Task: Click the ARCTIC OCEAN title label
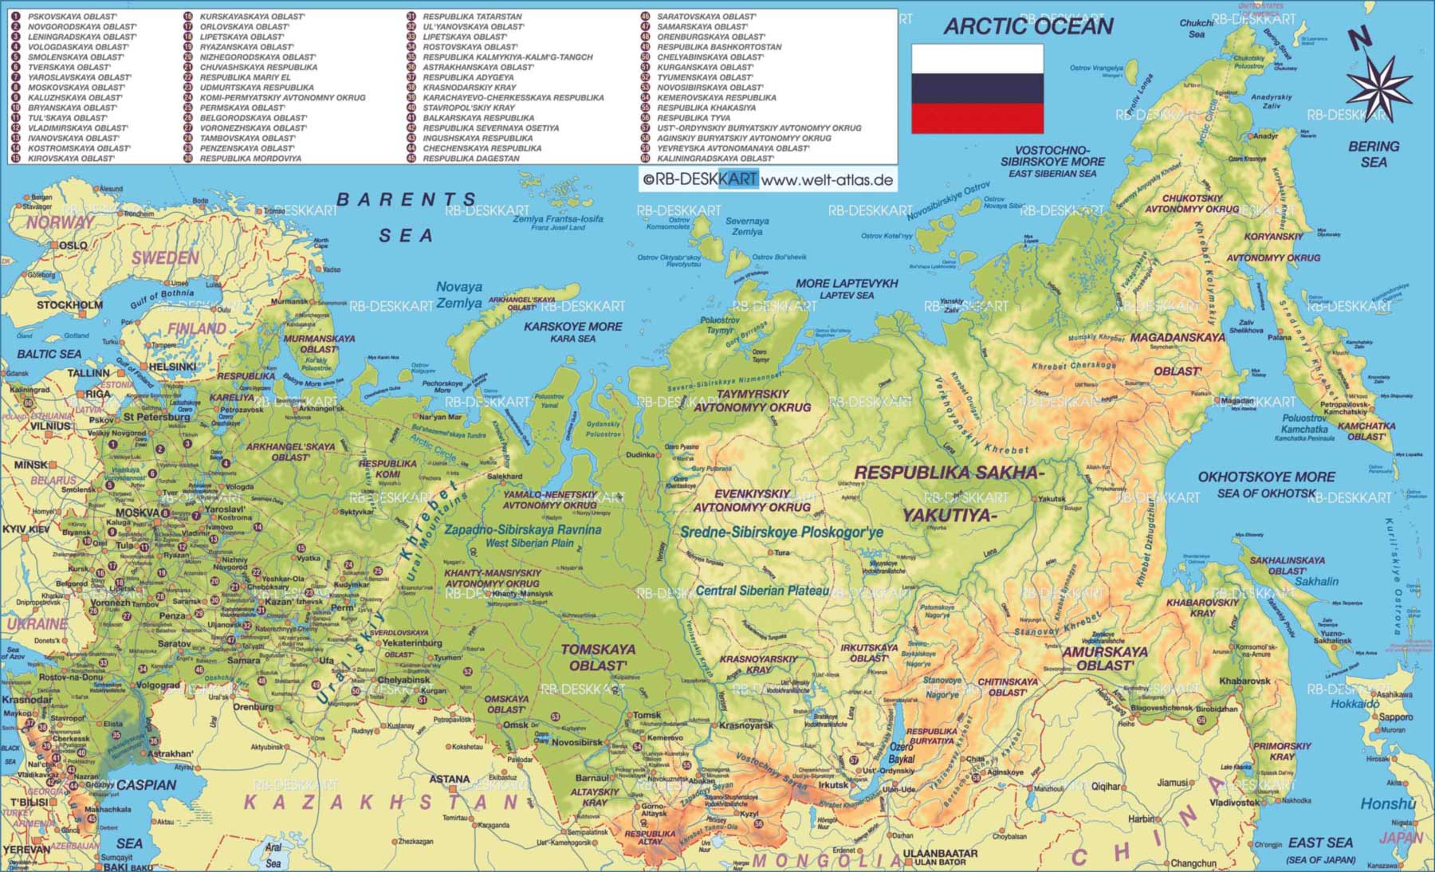click(x=1028, y=26)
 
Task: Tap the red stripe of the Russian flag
click(x=977, y=119)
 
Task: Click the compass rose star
click(x=1379, y=84)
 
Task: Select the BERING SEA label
click(x=1374, y=154)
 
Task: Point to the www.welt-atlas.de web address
click(x=827, y=180)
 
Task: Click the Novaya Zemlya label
click(x=459, y=295)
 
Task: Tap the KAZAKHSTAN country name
click(x=383, y=802)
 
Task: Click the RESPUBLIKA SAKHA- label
click(x=949, y=473)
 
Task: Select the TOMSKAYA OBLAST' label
click(x=598, y=657)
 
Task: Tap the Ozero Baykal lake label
click(x=901, y=753)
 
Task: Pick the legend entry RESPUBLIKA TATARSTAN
click(x=472, y=17)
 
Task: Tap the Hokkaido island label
click(x=1354, y=704)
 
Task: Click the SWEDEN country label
click(x=165, y=257)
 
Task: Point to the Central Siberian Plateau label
click(x=762, y=591)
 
